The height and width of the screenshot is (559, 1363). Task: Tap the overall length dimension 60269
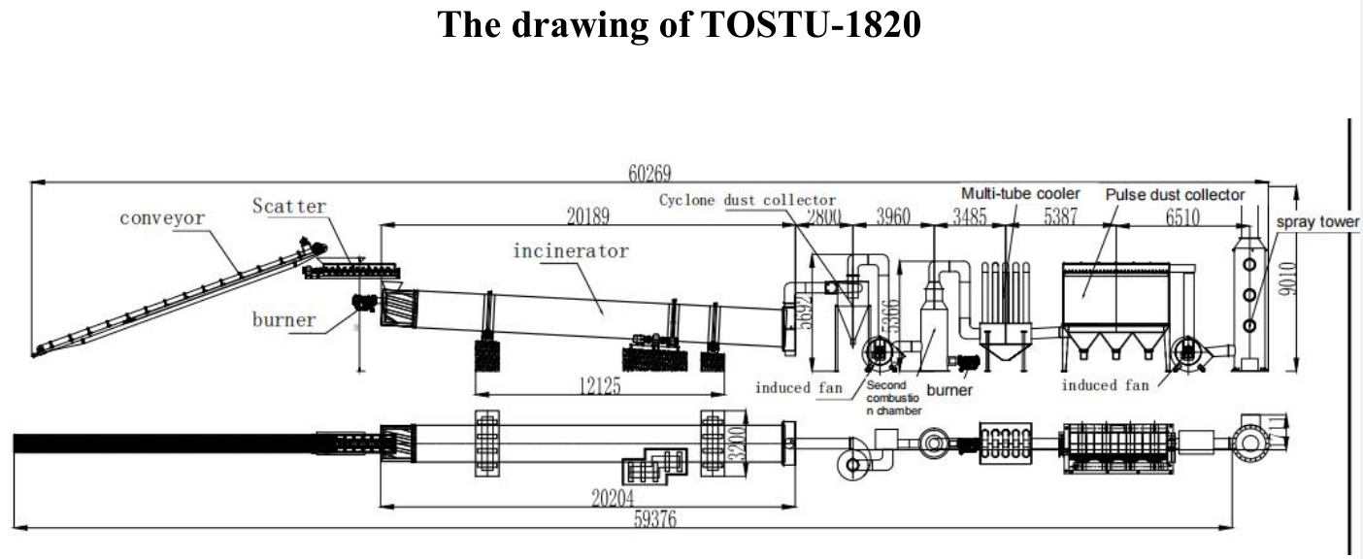click(649, 173)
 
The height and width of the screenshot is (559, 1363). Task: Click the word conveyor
click(162, 218)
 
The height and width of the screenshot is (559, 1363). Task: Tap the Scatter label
click(289, 206)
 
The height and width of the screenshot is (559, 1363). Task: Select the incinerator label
click(571, 251)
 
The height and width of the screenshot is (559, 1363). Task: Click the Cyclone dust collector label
click(748, 200)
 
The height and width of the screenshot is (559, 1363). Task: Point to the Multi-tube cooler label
click(1020, 194)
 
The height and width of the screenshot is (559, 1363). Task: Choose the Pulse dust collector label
click(1175, 194)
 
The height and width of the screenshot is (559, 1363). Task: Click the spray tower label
click(1317, 221)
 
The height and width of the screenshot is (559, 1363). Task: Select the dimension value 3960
click(893, 216)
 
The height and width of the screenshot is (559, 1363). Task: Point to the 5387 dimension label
click(1060, 216)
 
